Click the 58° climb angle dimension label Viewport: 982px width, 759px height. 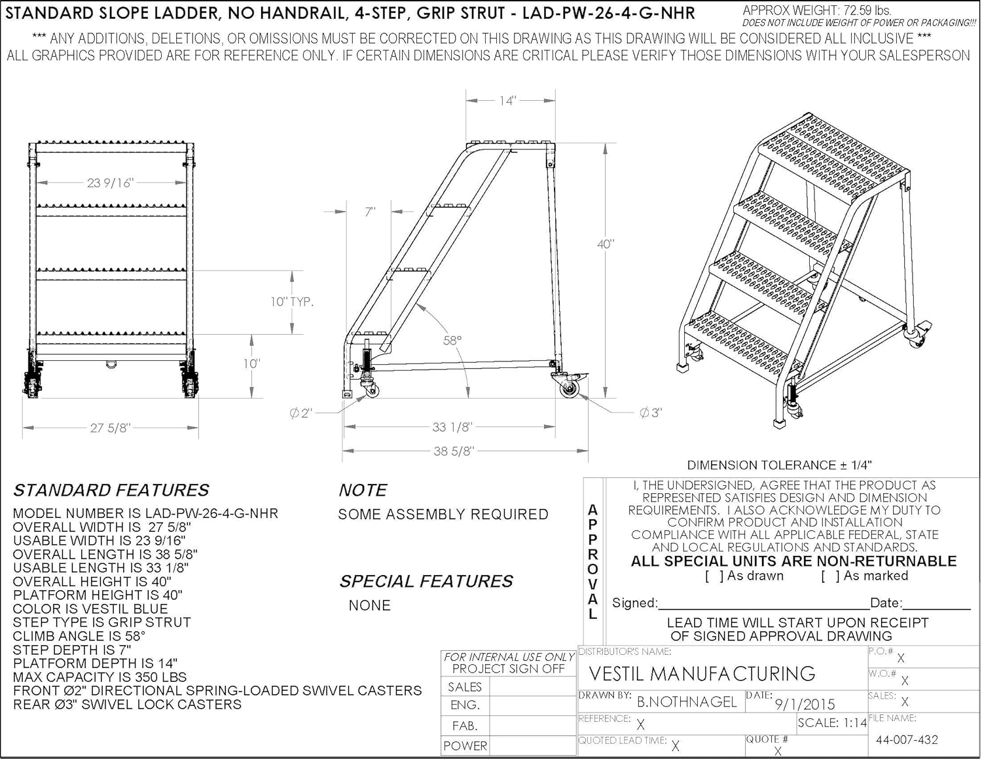pos(452,341)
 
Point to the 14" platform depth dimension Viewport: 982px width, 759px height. pos(507,100)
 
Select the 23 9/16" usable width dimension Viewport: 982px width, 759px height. pos(110,183)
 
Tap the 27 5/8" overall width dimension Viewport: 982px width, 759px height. pos(110,428)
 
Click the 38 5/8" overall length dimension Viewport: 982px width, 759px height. pos(454,451)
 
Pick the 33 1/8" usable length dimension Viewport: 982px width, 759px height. pos(452,427)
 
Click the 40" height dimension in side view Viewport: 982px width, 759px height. pos(606,244)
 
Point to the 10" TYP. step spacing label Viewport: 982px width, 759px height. pos(292,302)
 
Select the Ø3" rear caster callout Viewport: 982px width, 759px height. pos(651,413)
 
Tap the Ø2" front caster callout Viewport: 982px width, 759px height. pos(301,413)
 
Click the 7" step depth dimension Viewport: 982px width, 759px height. pos(370,212)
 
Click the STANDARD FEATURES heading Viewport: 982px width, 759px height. pos(111,490)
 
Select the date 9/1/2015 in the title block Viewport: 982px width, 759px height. pos(805,704)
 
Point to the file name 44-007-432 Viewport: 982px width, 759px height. pos(907,740)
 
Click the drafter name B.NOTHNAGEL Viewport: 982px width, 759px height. pos(687,702)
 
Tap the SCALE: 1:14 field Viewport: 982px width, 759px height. pos(832,723)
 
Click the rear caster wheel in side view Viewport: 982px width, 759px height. pos(569,388)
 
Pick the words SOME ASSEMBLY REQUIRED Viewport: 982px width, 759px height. pos(443,515)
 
